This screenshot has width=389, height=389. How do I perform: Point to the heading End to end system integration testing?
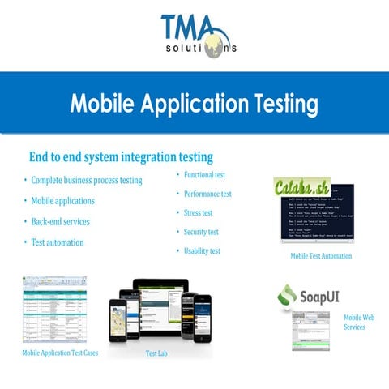pos(121,156)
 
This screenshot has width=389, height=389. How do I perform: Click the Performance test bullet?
pos(207,194)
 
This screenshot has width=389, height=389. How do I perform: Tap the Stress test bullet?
pos(199,212)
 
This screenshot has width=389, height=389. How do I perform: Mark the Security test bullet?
pos(202,232)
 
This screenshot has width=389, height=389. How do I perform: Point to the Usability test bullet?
pos(202,251)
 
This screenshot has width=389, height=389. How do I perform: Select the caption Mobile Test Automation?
pos(321,256)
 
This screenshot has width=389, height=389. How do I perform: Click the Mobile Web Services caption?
pos(359,322)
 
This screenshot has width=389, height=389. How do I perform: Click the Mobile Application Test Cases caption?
pos(60,353)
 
